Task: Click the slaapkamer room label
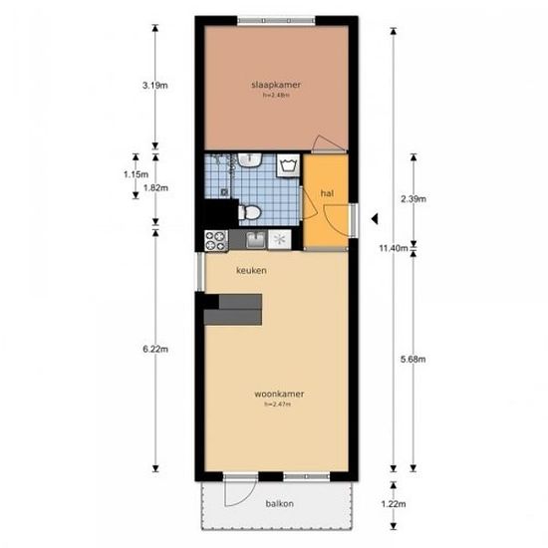[276, 85]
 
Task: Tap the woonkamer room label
[279, 394]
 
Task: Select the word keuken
[251, 270]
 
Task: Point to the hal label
[327, 193]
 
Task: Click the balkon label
[279, 503]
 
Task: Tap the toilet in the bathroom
[249, 212]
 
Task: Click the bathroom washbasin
[250, 159]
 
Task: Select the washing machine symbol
[288, 165]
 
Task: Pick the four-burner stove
[215, 241]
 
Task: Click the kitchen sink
[255, 240]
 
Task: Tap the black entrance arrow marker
[375, 219]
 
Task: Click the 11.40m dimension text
[394, 248]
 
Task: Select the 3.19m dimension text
[154, 86]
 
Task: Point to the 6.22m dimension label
[155, 349]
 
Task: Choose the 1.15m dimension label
[136, 174]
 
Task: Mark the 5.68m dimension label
[413, 360]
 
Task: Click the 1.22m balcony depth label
[394, 504]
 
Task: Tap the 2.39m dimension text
[413, 199]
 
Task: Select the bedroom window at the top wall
[276, 21]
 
